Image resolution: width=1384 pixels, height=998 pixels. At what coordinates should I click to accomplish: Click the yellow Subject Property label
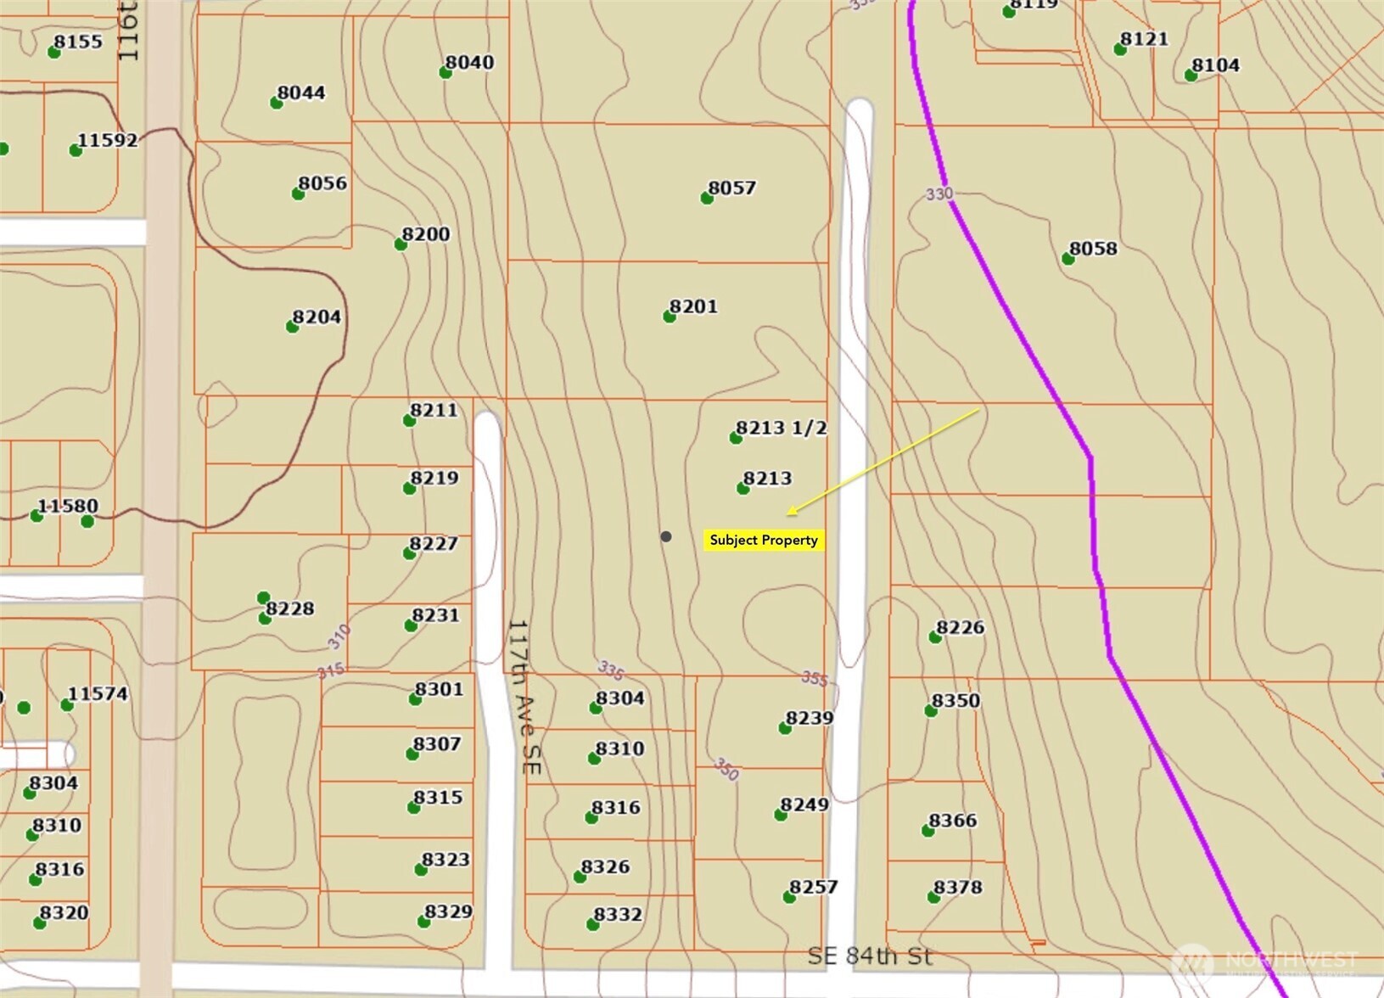(x=764, y=541)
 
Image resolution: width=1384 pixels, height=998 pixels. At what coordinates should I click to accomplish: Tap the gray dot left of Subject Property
(x=666, y=536)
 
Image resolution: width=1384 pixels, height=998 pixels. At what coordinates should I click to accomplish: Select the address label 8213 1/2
(x=781, y=428)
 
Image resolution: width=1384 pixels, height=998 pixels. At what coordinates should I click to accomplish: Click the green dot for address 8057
(x=707, y=199)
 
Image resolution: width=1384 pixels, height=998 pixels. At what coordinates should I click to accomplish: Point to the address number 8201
(x=693, y=306)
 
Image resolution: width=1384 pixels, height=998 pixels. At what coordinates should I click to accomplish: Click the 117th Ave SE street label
(x=524, y=696)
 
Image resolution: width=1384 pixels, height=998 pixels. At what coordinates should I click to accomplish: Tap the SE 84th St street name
(x=870, y=956)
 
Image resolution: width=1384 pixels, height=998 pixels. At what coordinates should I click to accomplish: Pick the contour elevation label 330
(x=939, y=194)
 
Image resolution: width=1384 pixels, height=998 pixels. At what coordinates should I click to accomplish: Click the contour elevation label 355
(x=815, y=679)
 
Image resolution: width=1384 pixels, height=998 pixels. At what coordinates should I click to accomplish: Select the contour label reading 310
(x=339, y=636)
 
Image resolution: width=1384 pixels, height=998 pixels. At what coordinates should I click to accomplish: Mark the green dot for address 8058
(x=1068, y=259)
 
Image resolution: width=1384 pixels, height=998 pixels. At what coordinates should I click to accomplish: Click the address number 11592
(x=108, y=140)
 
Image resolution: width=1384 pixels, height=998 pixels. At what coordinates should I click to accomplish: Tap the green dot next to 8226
(x=935, y=637)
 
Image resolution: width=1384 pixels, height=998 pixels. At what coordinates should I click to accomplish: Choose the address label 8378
(x=958, y=888)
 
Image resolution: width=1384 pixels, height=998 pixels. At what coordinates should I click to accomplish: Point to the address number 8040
(x=469, y=63)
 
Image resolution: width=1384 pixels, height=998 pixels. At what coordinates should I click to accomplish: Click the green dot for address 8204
(x=292, y=327)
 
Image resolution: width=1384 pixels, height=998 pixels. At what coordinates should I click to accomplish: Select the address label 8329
(x=448, y=912)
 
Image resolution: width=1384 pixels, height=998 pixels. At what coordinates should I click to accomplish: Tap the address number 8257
(x=813, y=888)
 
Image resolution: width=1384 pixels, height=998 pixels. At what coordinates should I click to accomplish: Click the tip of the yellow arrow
(x=788, y=514)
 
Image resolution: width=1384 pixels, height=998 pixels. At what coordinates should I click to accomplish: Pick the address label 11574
(x=98, y=694)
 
